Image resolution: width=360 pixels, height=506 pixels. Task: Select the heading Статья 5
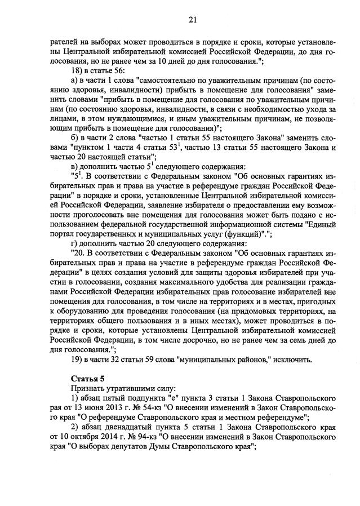87,379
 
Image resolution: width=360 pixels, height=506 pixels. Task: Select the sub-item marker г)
74,244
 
